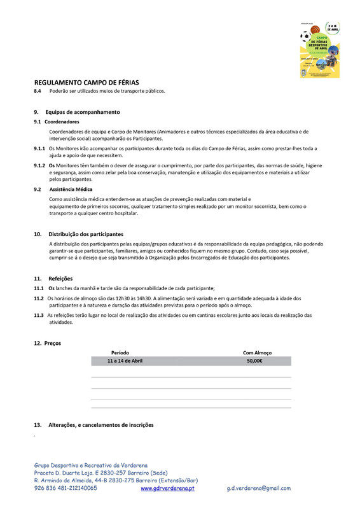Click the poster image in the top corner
click(320, 50)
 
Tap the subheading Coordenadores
click(62, 122)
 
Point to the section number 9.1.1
click(39, 148)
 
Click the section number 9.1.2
click(39, 165)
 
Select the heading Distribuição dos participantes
click(86, 234)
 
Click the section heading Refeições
click(60, 279)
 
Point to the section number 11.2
click(39, 298)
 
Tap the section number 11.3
click(39, 316)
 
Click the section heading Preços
click(53, 344)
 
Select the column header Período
click(120, 352)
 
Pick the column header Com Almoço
click(258, 352)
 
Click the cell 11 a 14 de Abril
click(125, 361)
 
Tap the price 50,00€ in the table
click(255, 361)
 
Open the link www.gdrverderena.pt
click(167, 489)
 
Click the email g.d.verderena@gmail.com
click(258, 489)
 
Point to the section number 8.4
click(38, 91)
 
